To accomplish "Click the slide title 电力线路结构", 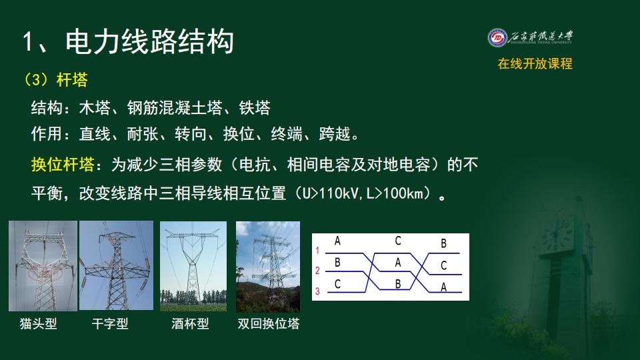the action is (x=149, y=41).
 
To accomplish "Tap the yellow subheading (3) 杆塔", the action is (x=55, y=79).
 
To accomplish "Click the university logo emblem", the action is (x=497, y=38).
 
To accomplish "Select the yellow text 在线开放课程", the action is (x=535, y=64).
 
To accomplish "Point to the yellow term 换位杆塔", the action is (x=63, y=165).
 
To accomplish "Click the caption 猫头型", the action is (x=39, y=324).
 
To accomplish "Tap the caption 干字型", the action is (x=110, y=324).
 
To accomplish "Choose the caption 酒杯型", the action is (x=190, y=324).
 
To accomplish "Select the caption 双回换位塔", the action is (x=269, y=324).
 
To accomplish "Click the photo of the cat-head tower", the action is (x=43, y=266).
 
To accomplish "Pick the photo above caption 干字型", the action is (x=116, y=265).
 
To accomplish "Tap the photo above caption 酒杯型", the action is (x=193, y=266).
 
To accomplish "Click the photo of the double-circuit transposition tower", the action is (x=268, y=267).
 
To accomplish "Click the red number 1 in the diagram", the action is (x=317, y=250).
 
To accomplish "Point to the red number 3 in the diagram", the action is (x=317, y=291).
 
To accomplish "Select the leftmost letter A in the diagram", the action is (x=337, y=241).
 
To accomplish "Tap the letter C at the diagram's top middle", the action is (x=398, y=241).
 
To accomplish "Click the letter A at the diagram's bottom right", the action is (x=444, y=287).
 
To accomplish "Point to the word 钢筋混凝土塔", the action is (x=175, y=108).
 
